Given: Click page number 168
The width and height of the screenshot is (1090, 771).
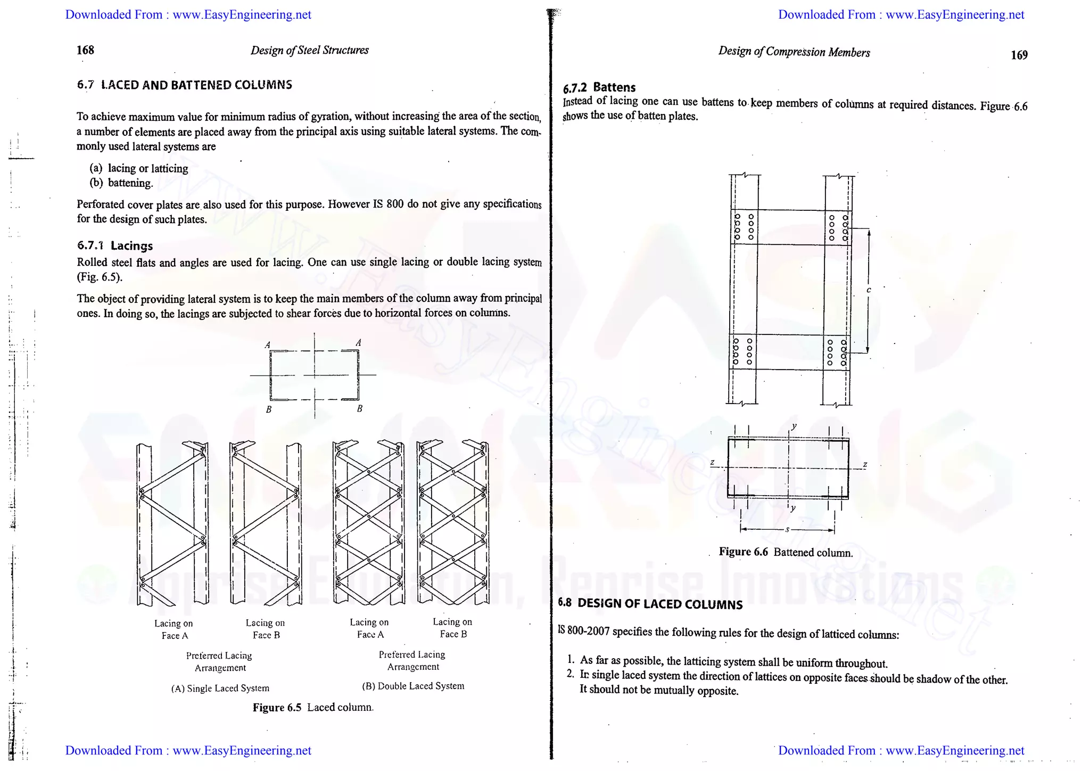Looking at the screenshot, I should (x=85, y=50).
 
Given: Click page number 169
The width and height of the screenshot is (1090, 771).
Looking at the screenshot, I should (x=1019, y=55).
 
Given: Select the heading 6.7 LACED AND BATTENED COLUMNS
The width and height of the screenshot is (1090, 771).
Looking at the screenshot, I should (x=184, y=85).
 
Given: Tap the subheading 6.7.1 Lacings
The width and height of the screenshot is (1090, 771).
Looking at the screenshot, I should (x=115, y=245).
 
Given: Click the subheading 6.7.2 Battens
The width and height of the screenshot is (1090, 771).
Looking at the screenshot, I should (x=599, y=87).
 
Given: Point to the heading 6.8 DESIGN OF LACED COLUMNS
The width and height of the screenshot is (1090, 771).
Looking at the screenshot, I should (x=650, y=604).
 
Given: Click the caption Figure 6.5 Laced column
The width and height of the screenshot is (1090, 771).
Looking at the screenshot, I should (x=313, y=708).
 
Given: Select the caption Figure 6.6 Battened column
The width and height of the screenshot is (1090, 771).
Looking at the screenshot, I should (x=786, y=552).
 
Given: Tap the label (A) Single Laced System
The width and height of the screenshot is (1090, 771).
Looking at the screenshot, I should (x=220, y=688).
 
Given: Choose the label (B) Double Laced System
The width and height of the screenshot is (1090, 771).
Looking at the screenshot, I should (x=413, y=686).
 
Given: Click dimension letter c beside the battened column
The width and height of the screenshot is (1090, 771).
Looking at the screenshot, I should (x=869, y=290).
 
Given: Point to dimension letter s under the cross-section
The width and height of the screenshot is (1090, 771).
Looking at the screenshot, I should (x=787, y=530).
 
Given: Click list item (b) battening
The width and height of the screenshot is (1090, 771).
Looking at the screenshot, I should (x=121, y=183).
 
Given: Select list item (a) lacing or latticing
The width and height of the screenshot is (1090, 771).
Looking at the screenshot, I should (x=139, y=169).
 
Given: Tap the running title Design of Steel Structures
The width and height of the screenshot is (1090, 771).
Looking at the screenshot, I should (x=309, y=51).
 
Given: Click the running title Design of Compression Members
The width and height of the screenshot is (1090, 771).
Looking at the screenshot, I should (x=794, y=52).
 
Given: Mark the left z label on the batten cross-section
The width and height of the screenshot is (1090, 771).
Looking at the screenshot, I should (x=712, y=462).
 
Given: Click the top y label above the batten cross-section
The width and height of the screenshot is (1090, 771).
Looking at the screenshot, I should (x=794, y=426).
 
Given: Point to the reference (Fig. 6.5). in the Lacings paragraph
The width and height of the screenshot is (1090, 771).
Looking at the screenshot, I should (x=100, y=277).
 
